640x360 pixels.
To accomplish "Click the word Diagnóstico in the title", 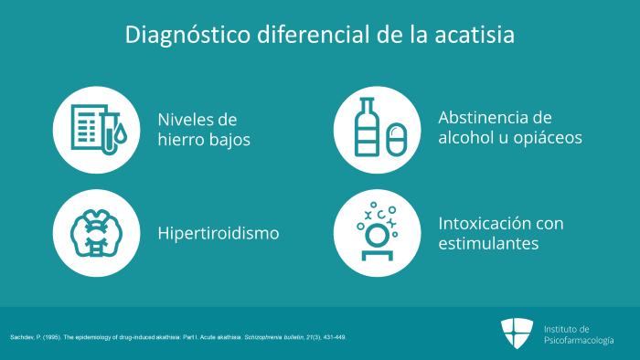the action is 187,35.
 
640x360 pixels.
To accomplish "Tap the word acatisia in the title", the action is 475,34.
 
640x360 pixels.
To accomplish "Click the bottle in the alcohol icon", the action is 367,127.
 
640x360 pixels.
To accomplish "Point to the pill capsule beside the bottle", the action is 396,140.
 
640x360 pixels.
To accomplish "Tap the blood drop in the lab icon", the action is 121,134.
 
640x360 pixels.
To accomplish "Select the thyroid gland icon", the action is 96,233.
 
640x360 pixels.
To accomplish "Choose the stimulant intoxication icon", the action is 377,231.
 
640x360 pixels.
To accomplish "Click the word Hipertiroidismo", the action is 219,233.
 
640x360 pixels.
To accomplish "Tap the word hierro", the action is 181,140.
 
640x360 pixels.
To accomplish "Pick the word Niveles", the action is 186,120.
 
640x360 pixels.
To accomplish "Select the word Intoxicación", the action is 484,224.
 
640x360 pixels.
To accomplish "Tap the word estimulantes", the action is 488,243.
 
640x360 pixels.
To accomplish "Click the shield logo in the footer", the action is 517,334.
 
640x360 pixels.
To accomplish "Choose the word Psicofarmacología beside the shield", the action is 579,341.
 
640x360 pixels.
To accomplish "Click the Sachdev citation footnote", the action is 178,337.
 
